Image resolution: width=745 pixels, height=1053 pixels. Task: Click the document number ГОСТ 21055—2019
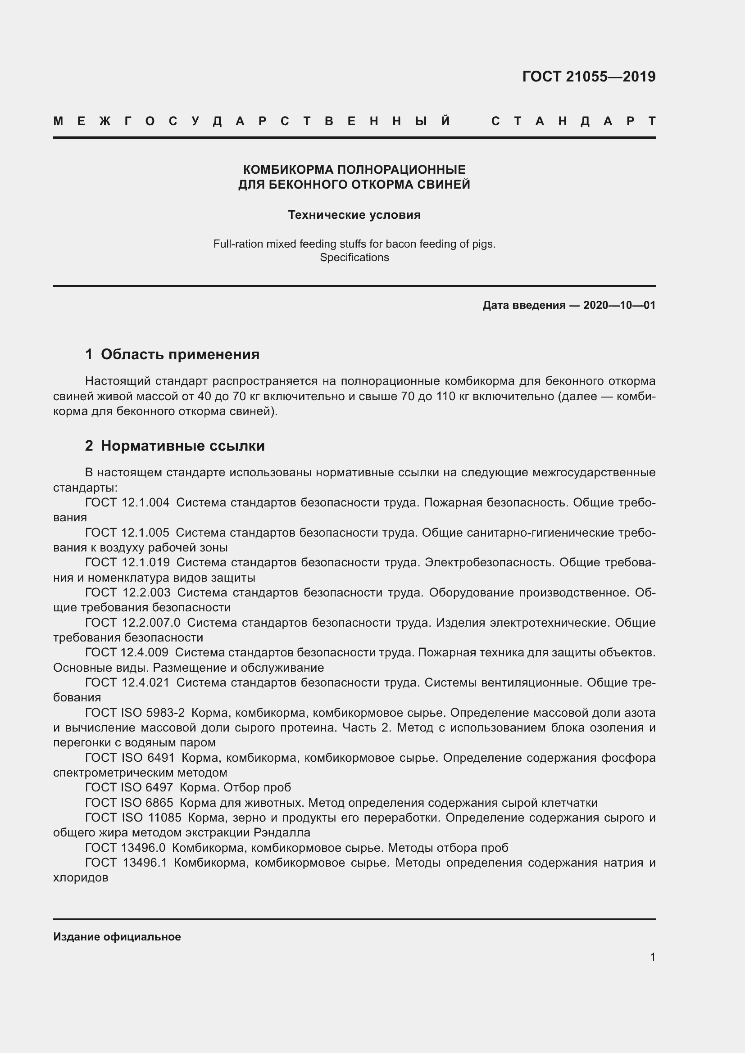[x=589, y=77]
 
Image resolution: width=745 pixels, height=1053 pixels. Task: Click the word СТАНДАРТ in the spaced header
[x=573, y=122]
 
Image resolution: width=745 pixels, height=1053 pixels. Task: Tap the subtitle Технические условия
[x=354, y=215]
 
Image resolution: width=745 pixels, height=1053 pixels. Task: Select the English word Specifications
[x=354, y=258]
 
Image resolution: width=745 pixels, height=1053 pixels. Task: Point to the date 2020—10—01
[x=619, y=305]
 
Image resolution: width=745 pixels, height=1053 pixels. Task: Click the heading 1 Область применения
[x=173, y=354]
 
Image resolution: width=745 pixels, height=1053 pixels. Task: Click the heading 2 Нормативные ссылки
[x=175, y=446]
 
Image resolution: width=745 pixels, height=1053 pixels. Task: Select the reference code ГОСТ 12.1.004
[x=127, y=503]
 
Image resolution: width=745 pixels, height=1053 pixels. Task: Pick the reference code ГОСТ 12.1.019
[x=127, y=563]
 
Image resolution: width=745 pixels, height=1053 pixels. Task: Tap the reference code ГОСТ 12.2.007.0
[x=132, y=623]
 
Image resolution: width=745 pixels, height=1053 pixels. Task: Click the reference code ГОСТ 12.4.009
[x=127, y=653]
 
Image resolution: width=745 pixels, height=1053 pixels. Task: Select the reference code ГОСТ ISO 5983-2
[x=135, y=713]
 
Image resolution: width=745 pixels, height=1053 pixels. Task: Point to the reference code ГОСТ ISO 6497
[x=129, y=787]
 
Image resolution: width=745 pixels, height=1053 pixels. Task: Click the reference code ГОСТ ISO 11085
[x=133, y=818]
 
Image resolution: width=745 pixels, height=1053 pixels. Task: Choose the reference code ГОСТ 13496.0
[x=125, y=848]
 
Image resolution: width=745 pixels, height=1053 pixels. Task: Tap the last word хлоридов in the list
[x=81, y=878]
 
